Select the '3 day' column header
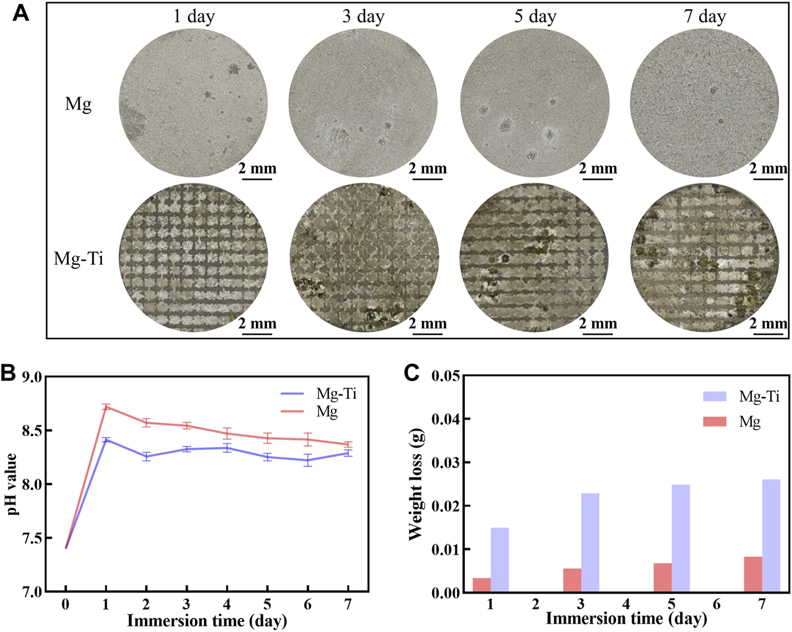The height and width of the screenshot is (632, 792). (x=363, y=16)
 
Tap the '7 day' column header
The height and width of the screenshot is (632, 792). (x=705, y=16)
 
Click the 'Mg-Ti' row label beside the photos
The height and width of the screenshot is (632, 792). (x=79, y=259)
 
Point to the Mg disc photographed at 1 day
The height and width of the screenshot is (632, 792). (x=193, y=104)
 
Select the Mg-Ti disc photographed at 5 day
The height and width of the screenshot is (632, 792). (x=534, y=258)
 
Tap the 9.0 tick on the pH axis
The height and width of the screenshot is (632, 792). (x=32, y=377)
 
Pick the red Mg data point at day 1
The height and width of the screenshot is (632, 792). (x=106, y=407)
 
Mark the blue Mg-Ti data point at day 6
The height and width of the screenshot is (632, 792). (x=308, y=460)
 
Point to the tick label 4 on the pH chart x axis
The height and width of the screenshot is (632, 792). (x=227, y=605)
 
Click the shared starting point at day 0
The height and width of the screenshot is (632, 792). (x=66, y=548)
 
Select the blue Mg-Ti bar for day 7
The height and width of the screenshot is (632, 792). (x=771, y=536)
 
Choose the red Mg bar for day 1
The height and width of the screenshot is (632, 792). (x=482, y=585)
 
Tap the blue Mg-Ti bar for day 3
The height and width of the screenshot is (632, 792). (x=590, y=543)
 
